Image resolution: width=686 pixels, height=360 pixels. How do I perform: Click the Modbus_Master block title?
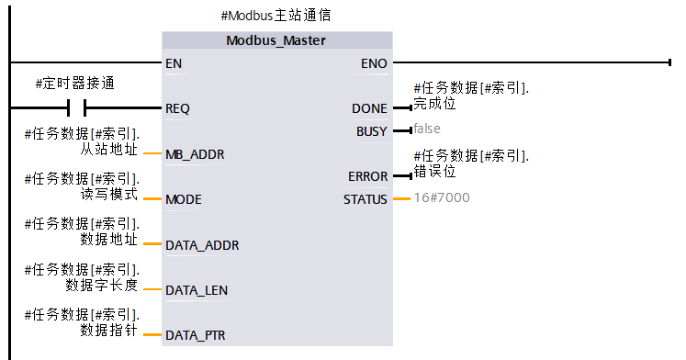pyautogui.click(x=276, y=40)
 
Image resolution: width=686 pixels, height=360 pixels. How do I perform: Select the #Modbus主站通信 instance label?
pyautogui.click(x=276, y=16)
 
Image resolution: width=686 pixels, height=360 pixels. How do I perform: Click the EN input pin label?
pyautogui.click(x=173, y=64)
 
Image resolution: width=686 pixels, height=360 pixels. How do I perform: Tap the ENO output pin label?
pyautogui.click(x=375, y=64)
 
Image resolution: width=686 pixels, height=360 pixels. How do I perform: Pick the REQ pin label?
pyautogui.click(x=177, y=108)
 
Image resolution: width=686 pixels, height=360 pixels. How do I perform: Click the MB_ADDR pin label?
pyautogui.click(x=195, y=154)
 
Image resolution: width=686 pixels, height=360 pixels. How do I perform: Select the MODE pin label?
pyautogui.click(x=183, y=199)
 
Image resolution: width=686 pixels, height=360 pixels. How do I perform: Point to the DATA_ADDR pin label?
pyautogui.click(x=201, y=245)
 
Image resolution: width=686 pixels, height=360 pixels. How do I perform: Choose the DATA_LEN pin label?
pyautogui.click(x=197, y=290)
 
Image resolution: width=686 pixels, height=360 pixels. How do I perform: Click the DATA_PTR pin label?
pyautogui.click(x=195, y=335)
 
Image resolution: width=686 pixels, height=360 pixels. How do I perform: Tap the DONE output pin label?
pyautogui.click(x=369, y=108)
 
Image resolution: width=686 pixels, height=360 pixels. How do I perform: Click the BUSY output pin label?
pyautogui.click(x=371, y=131)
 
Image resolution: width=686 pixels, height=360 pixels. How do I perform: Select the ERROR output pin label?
pyautogui.click(x=367, y=176)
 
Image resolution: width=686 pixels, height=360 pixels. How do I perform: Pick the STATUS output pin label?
pyautogui.click(x=365, y=199)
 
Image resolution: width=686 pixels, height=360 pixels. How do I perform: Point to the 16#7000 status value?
pyautogui.click(x=442, y=197)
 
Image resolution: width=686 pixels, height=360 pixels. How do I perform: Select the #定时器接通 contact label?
pyautogui.click(x=75, y=84)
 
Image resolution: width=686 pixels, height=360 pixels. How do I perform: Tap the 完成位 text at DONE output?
pyautogui.click(x=434, y=103)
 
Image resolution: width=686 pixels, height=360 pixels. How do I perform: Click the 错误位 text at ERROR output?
pyautogui.click(x=434, y=171)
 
